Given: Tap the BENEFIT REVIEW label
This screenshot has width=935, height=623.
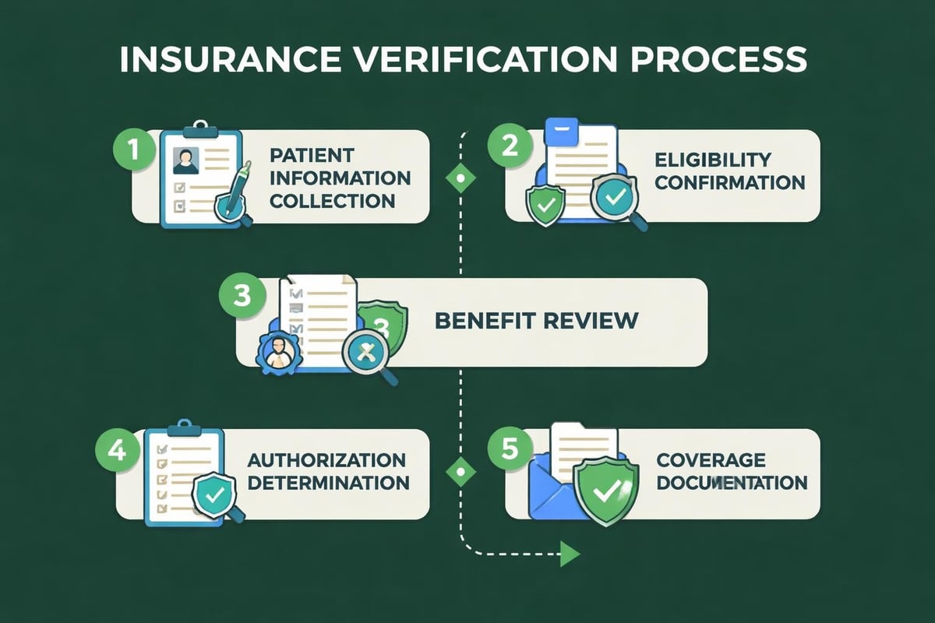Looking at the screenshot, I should [536, 319].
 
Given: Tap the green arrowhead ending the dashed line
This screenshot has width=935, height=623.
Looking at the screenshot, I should [571, 554].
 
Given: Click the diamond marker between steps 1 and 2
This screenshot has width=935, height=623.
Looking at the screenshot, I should [460, 178].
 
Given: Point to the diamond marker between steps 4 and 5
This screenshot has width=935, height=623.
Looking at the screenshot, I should [460, 472].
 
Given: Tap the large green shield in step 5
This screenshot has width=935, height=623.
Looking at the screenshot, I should [605, 487].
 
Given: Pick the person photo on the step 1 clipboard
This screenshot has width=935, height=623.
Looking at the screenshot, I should [186, 160].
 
